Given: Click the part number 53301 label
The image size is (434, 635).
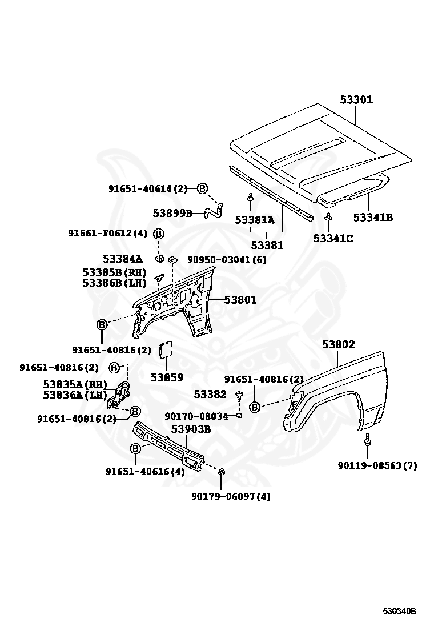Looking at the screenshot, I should pyautogui.click(x=356, y=100).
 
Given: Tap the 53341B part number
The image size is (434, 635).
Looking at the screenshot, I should pyautogui.click(x=372, y=218).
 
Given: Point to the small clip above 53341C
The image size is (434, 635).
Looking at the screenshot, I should pyautogui.click(x=328, y=217).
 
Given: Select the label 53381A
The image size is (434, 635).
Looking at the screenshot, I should pyautogui.click(x=255, y=220).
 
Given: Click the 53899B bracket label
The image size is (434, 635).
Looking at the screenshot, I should pyautogui.click(x=172, y=213).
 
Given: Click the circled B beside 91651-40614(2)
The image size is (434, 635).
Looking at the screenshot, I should pyautogui.click(x=203, y=188).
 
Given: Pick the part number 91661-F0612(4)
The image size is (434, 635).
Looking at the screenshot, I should pyautogui.click(x=107, y=233).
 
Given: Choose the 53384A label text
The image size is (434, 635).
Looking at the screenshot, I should pyautogui.click(x=122, y=259).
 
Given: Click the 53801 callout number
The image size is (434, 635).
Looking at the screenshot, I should pyautogui.click(x=240, y=300).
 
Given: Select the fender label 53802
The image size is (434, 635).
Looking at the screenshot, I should pyautogui.click(x=338, y=345).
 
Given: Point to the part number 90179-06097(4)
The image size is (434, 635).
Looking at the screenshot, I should pyautogui.click(x=231, y=496).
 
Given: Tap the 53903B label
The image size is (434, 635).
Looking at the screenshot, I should pyautogui.click(x=191, y=429).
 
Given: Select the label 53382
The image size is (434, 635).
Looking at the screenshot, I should pyautogui.click(x=210, y=394).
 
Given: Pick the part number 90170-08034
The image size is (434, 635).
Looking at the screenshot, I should pyautogui.click(x=196, y=416).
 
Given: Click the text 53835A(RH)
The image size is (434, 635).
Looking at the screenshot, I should pyautogui.click(x=75, y=384).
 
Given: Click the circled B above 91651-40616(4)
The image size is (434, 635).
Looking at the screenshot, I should pyautogui.click(x=135, y=449).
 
